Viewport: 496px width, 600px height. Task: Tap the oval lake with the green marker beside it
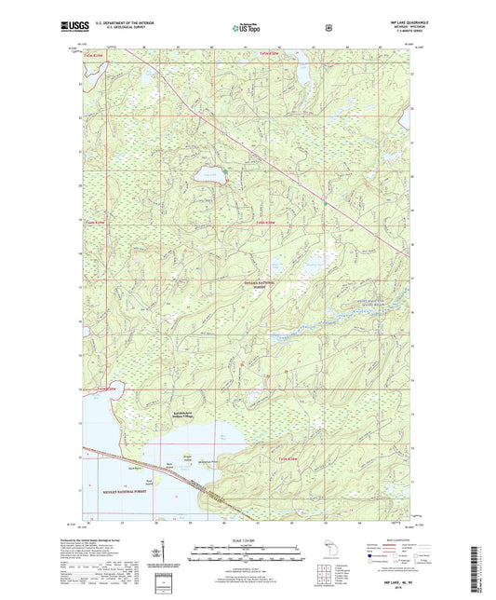pyautogui.click(x=210, y=173)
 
